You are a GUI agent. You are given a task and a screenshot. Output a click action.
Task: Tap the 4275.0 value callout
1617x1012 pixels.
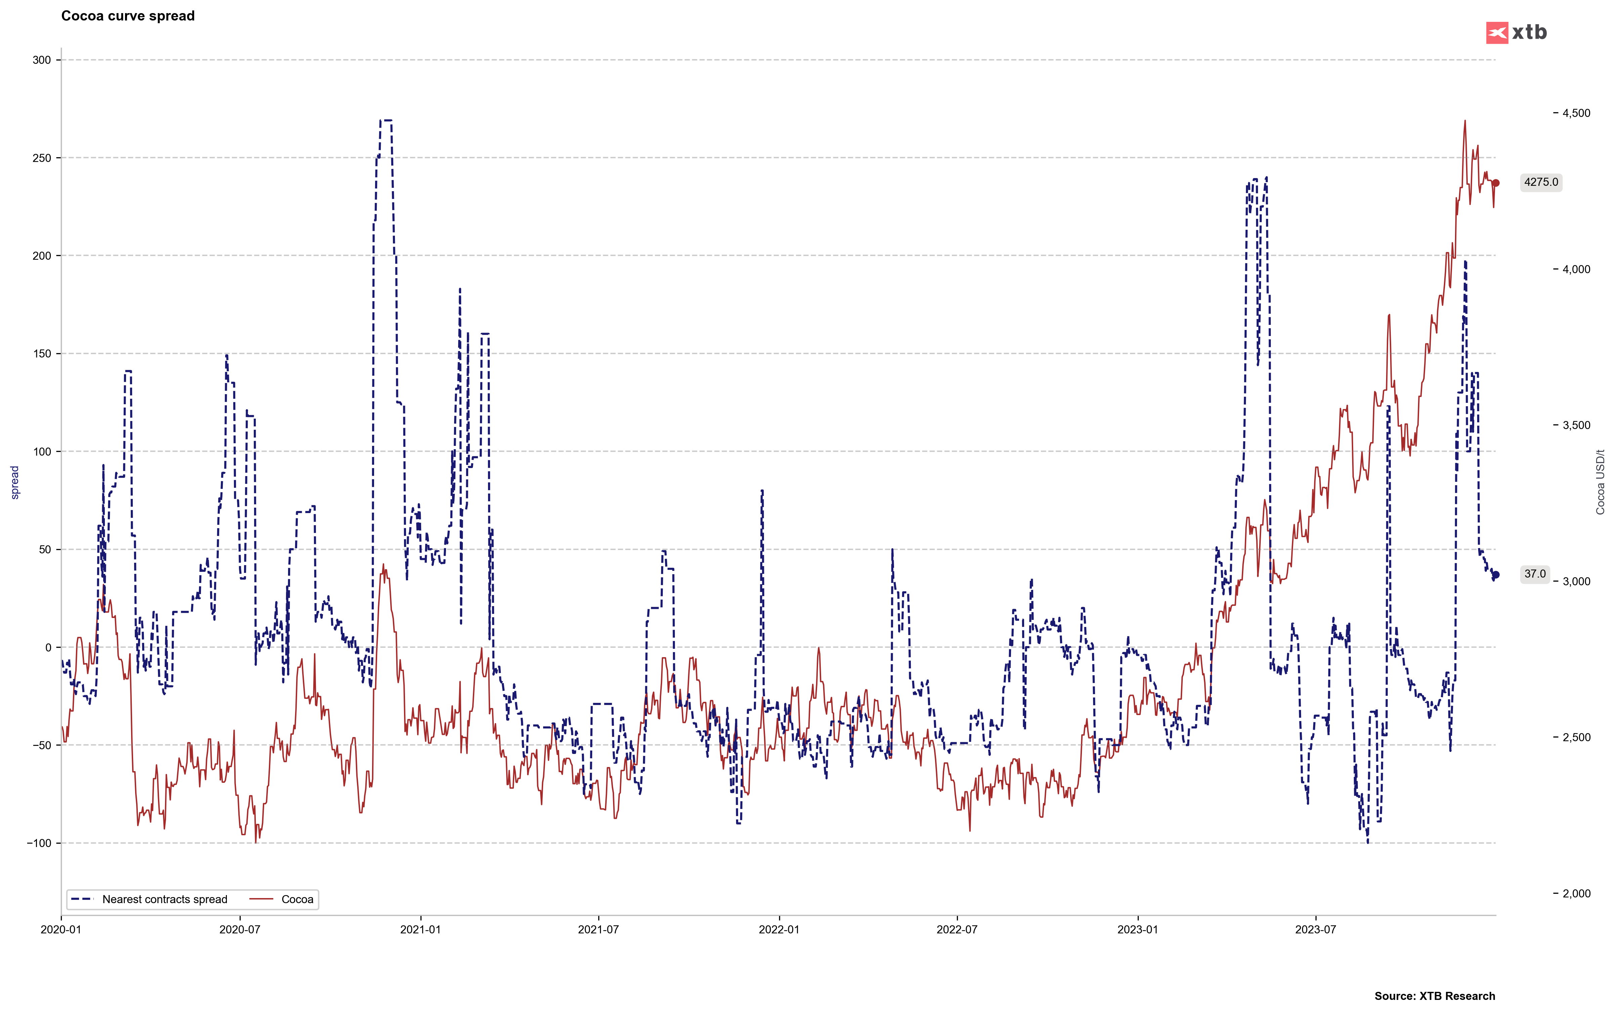coord(1541,182)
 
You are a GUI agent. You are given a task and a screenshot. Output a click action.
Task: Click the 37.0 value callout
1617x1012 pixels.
coord(1535,574)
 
